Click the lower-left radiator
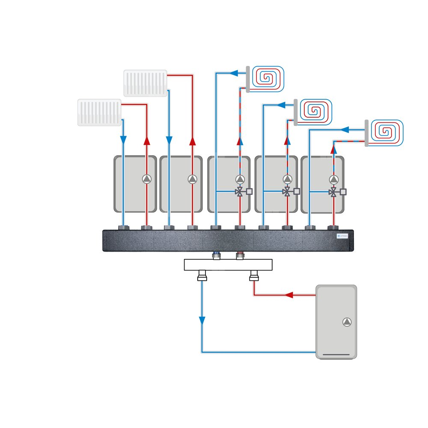tap(100, 113)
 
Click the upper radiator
tap(145, 83)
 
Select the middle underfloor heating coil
tap(316, 112)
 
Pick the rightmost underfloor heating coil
tap(386, 133)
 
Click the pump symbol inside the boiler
tap(347, 322)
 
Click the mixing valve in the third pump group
tap(240, 192)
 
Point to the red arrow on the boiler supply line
tap(289, 295)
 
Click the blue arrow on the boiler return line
tap(202, 320)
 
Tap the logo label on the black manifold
tap(342, 236)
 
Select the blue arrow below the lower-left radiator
tap(123, 140)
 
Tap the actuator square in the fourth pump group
tap(297, 192)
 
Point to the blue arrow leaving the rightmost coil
tap(346, 128)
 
